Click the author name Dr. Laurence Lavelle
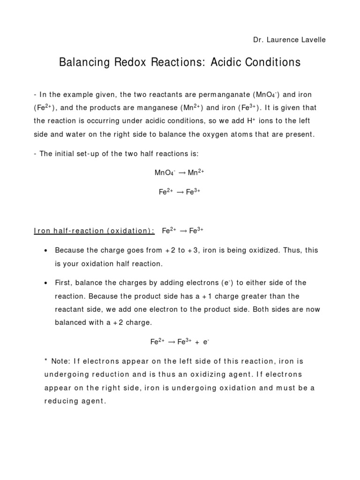point(289,40)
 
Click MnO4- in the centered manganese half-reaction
point(163,172)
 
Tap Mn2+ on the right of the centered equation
point(196,172)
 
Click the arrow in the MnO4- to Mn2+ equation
point(181,173)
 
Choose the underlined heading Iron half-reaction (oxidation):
point(94,231)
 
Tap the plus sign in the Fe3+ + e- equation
point(197,342)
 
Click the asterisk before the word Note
point(46,361)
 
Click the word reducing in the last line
point(63,402)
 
